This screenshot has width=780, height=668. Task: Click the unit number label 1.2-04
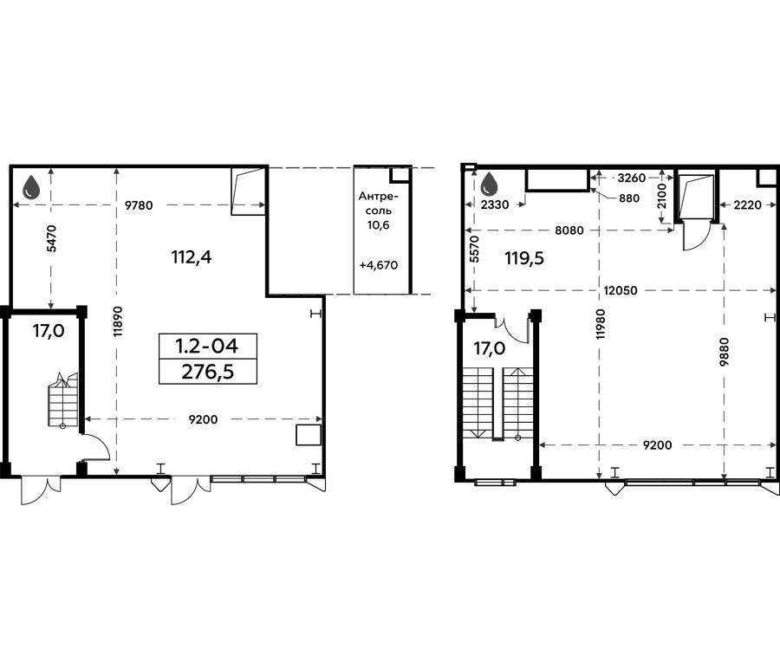tap(207, 346)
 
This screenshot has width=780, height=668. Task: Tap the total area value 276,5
tap(207, 372)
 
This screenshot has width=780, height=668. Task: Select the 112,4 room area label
tap(192, 257)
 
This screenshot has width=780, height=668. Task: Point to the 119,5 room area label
tap(524, 258)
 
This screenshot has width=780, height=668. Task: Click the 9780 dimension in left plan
tap(139, 205)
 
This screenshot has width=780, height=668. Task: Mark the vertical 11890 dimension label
tap(118, 321)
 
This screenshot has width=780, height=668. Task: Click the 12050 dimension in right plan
tap(621, 290)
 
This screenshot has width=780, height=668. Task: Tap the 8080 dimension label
tap(569, 230)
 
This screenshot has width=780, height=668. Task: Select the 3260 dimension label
tap(631, 178)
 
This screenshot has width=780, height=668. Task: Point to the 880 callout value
tap(629, 198)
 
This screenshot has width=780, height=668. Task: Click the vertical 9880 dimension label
tap(725, 352)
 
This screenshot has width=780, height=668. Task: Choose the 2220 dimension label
tap(747, 204)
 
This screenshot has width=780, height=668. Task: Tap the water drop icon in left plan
tap(32, 186)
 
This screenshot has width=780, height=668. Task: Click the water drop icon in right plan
tap(490, 184)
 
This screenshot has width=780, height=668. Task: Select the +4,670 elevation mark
tap(379, 265)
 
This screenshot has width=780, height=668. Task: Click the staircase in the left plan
tap(63, 399)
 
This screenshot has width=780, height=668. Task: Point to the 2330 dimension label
tap(496, 204)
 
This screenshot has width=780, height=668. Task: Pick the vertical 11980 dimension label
tap(601, 324)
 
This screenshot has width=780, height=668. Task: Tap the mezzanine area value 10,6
tap(379, 224)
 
